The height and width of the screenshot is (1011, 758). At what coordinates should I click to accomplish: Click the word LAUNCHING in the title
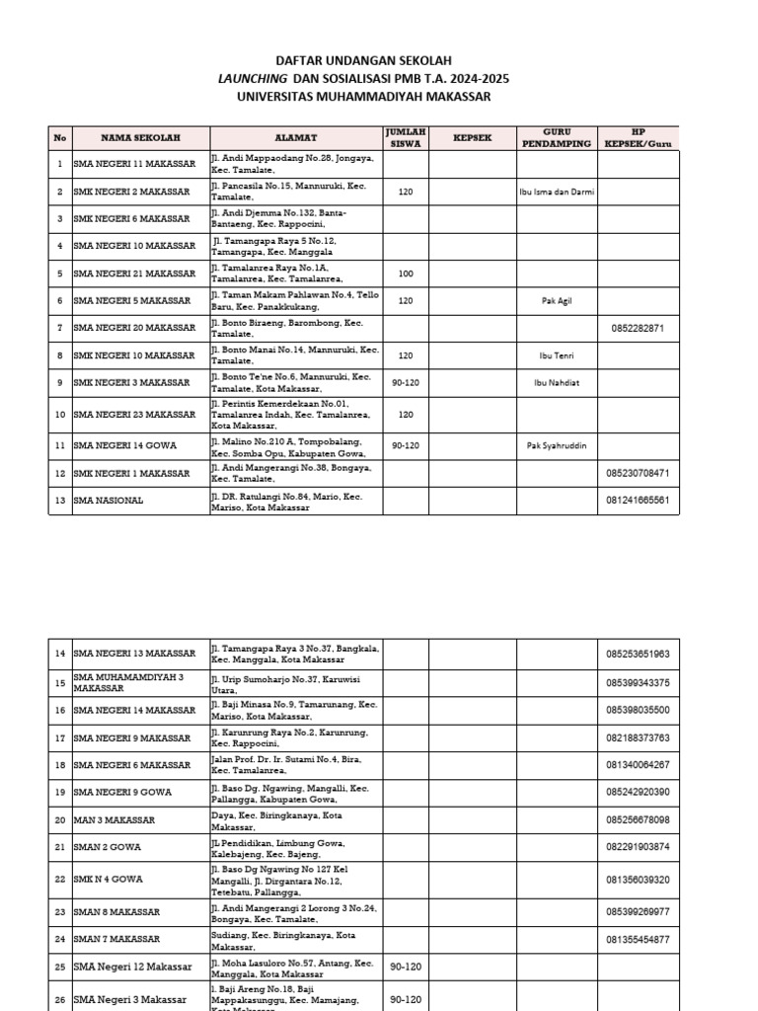pyautogui.click(x=253, y=79)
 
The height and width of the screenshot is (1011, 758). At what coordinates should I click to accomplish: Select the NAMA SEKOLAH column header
pyautogui.click(x=139, y=137)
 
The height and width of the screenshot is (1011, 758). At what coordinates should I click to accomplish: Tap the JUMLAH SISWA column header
pyautogui.click(x=406, y=137)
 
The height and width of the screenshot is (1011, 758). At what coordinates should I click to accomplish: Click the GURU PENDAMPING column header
pyautogui.click(x=556, y=137)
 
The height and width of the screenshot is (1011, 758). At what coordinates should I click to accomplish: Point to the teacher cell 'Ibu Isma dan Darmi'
pyautogui.click(x=557, y=192)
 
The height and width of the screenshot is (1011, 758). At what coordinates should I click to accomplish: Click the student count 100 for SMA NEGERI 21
pyautogui.click(x=406, y=273)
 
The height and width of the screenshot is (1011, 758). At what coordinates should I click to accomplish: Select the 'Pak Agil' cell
pyautogui.click(x=557, y=301)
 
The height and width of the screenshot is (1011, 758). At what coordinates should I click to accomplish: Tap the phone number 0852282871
pyautogui.click(x=638, y=328)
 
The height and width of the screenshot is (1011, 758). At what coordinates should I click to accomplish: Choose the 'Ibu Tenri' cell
pyautogui.click(x=557, y=355)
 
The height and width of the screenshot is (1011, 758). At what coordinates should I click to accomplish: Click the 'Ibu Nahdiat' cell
pyautogui.click(x=557, y=383)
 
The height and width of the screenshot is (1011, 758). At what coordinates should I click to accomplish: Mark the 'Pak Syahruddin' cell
pyautogui.click(x=557, y=445)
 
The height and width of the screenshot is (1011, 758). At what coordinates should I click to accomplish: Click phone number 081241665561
pyautogui.click(x=638, y=501)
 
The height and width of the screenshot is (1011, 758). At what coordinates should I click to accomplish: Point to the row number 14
pyautogui.click(x=60, y=654)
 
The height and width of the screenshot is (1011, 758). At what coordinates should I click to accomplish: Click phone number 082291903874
pyautogui.click(x=638, y=847)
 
